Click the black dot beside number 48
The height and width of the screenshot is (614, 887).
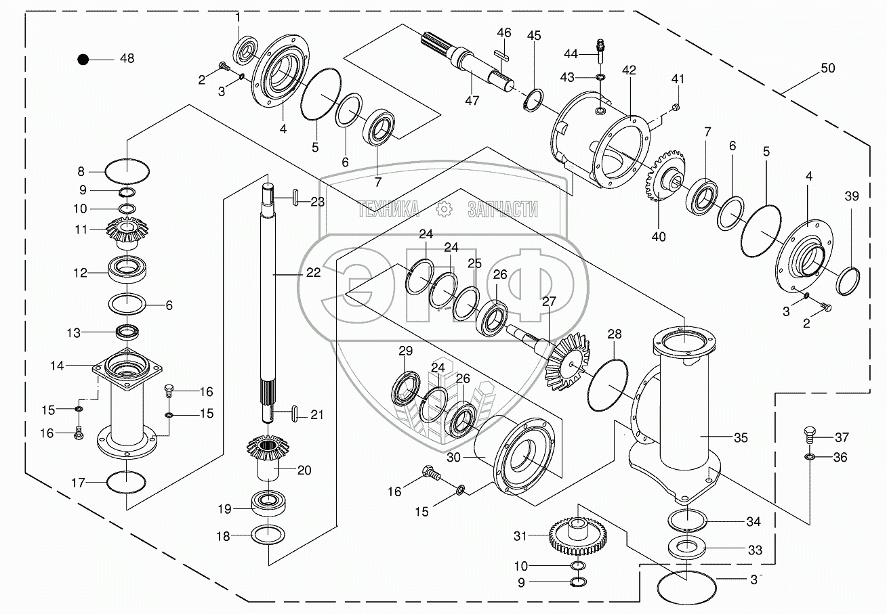[83, 59]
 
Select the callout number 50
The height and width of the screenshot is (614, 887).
[827, 68]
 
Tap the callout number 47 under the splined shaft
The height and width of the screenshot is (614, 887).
[472, 101]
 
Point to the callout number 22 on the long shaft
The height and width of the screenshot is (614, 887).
[313, 273]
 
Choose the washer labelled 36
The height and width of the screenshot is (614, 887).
[809, 458]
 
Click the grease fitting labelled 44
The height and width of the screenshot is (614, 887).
[600, 47]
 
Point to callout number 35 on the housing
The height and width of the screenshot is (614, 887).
[741, 438]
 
